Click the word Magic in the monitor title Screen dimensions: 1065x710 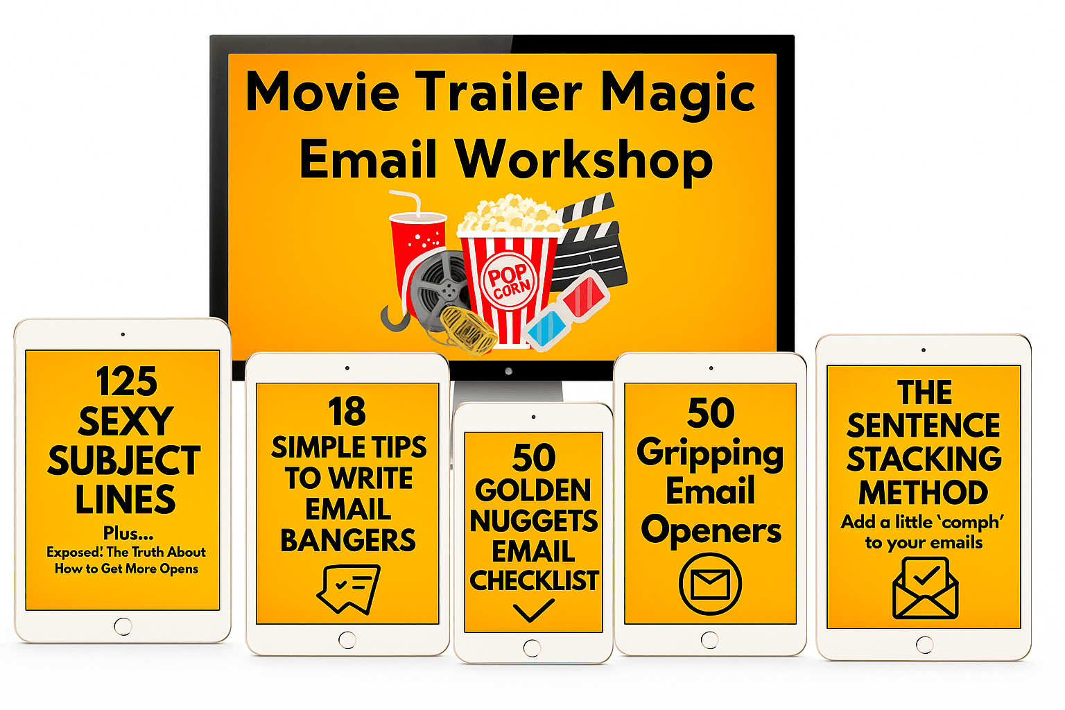pos(678,94)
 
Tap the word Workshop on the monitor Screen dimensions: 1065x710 pos(585,161)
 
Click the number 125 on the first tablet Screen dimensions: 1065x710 pos(126,381)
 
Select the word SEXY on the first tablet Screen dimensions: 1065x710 pos(125,421)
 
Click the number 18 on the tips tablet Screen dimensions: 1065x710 pos(347,411)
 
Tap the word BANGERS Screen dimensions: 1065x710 pos(348,540)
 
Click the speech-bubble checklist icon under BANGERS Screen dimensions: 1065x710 pos(349,589)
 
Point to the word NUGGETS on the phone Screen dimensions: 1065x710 pos(533,521)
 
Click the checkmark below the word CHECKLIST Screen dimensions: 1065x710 pos(533,610)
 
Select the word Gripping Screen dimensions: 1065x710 pos(710,454)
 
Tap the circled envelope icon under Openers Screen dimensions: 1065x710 pos(710,585)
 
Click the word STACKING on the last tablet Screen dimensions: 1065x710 pos(924,458)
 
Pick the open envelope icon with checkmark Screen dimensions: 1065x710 pos(925,589)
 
